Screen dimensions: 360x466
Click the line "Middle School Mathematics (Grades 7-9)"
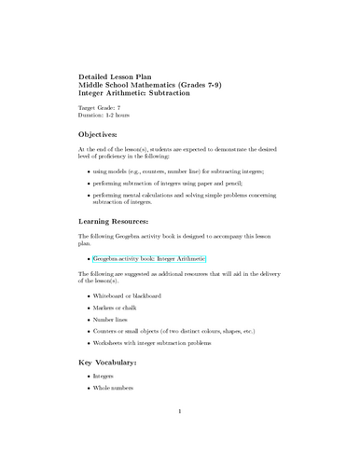(x=149, y=84)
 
